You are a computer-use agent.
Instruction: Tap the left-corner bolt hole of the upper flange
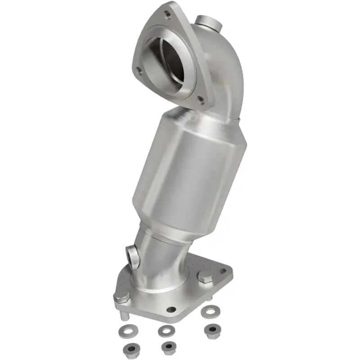click(x=138, y=69)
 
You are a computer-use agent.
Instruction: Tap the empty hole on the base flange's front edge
click(x=171, y=310)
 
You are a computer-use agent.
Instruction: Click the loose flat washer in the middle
click(x=166, y=331)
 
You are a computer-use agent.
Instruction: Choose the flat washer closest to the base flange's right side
click(x=208, y=311)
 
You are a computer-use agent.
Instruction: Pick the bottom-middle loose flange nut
click(x=168, y=346)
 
